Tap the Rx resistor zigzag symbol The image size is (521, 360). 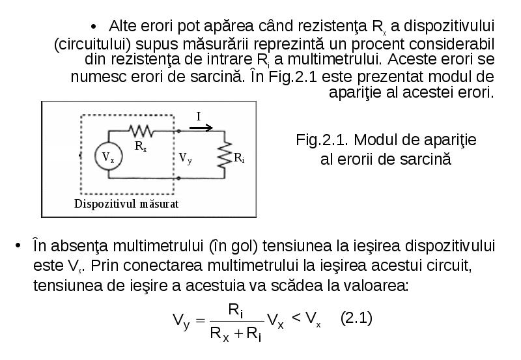point(141,131)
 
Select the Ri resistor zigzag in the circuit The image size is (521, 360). point(225,155)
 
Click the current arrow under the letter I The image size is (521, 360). point(201,128)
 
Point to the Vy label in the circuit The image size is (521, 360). point(185,158)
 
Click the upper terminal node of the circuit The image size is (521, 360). point(178,132)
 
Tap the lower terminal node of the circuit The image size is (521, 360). point(178,178)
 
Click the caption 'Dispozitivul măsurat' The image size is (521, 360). point(126,204)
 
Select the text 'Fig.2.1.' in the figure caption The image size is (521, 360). point(322,140)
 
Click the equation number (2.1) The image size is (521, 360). point(356,318)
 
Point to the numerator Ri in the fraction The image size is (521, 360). point(236,311)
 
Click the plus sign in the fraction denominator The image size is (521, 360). point(238,333)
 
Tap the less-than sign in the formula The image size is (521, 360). point(296,318)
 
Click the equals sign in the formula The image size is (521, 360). point(201,320)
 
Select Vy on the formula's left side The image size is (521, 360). point(181,321)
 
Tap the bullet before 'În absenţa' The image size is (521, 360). point(18,246)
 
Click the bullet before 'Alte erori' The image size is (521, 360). point(94,27)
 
